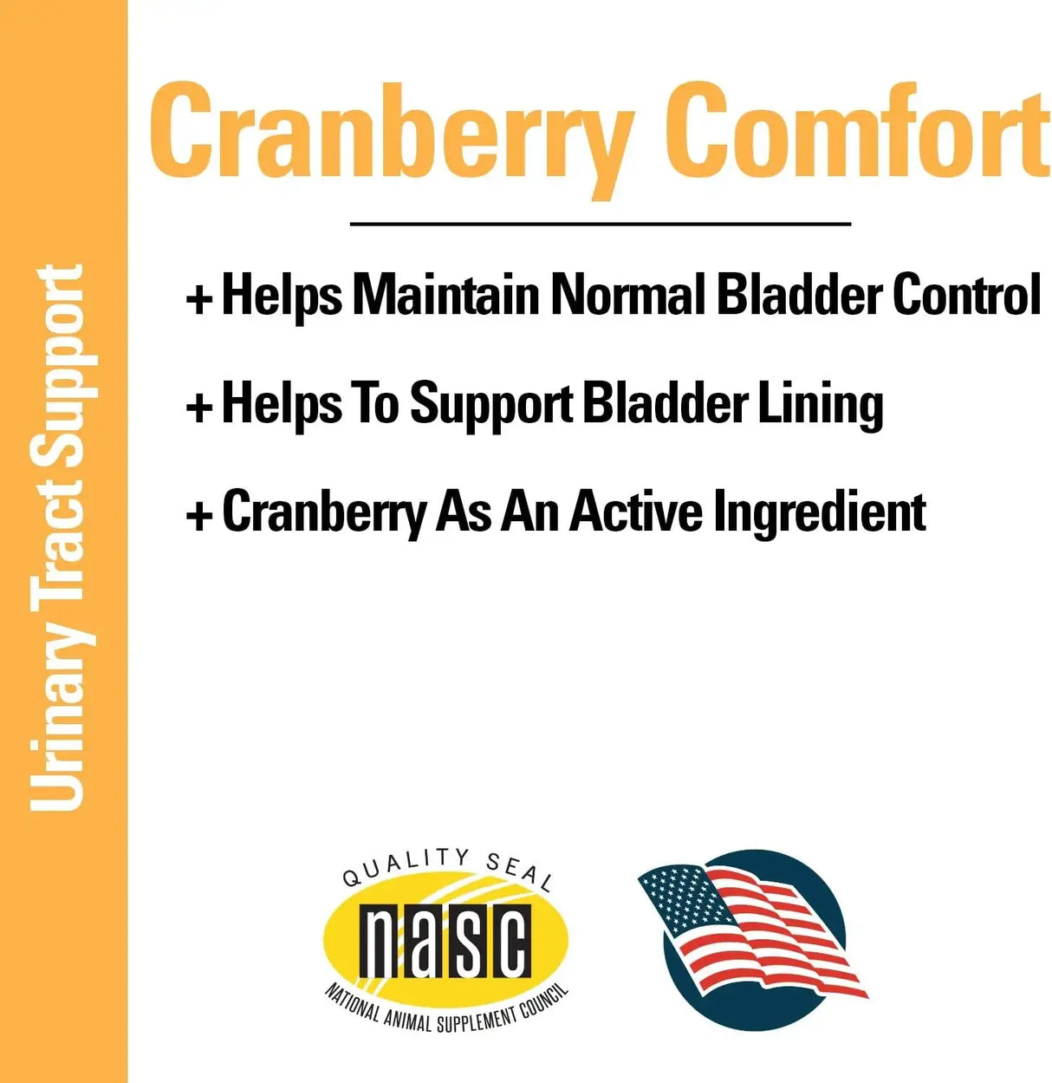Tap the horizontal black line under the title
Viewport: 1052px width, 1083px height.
click(600, 224)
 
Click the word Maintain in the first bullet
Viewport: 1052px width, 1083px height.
click(445, 295)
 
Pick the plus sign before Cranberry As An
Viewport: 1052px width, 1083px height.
click(199, 515)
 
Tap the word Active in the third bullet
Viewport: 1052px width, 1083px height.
click(635, 512)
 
